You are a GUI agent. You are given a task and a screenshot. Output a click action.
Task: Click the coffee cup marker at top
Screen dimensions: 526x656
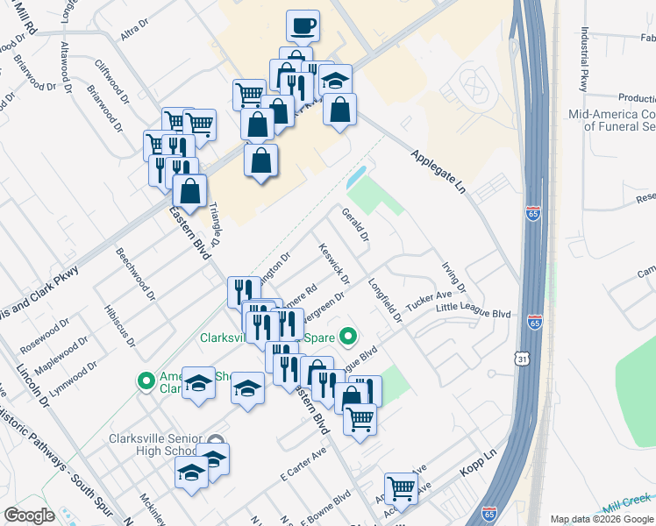tap(303, 27)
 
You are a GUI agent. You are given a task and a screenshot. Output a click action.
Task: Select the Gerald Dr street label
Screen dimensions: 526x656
tap(356, 225)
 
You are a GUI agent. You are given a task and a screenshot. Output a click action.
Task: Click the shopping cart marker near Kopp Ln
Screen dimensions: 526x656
tap(401, 489)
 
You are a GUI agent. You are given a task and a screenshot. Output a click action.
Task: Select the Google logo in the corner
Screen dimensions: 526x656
tap(29, 515)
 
